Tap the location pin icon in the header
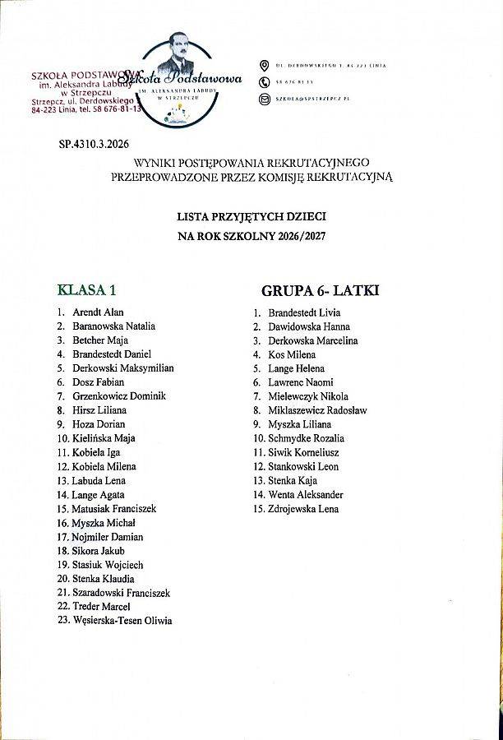tap(264, 65)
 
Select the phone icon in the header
tap(264, 82)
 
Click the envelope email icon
tap(264, 99)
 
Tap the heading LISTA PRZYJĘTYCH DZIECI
tap(252, 216)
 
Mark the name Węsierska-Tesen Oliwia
tap(122, 621)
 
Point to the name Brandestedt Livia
tap(304, 312)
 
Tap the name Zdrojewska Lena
tap(303, 509)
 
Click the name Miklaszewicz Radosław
tap(317, 410)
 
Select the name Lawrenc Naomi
tap(300, 382)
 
